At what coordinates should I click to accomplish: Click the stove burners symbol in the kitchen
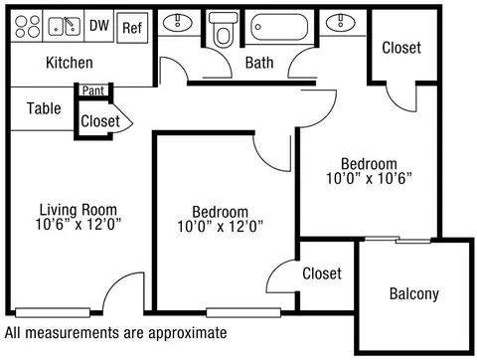tap(28, 26)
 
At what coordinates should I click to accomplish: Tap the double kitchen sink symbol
tap(64, 26)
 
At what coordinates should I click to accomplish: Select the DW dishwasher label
tap(99, 25)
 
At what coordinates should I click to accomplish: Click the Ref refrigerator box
tap(132, 28)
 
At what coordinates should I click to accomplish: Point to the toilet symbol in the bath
tap(224, 30)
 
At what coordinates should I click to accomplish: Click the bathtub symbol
tap(279, 27)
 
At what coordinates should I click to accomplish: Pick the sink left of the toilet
tap(178, 23)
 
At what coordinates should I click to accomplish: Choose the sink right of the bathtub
tap(341, 22)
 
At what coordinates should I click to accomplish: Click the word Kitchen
tap(70, 63)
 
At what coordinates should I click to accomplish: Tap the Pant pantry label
tap(93, 90)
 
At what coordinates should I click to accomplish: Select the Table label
tap(44, 108)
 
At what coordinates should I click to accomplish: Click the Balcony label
tap(414, 294)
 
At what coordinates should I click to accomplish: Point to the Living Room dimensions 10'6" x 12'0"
tap(79, 225)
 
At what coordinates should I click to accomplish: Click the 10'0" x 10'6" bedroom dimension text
tap(369, 178)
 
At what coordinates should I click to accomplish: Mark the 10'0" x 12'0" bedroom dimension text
tap(221, 227)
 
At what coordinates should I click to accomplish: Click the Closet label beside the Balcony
tap(322, 273)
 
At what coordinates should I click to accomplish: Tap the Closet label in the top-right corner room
tap(401, 48)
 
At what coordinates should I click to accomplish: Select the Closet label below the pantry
tap(100, 121)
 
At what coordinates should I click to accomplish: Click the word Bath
tap(259, 63)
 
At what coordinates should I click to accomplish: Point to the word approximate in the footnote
tap(188, 333)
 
